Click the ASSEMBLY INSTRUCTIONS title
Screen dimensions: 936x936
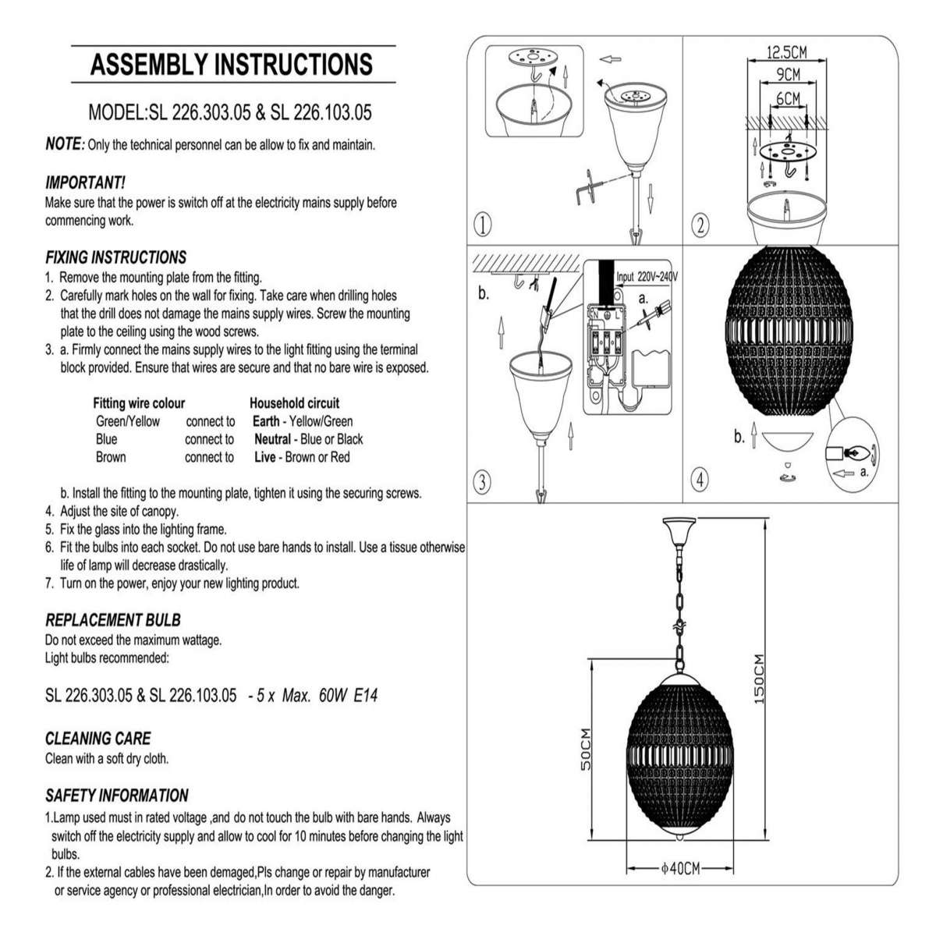[x=232, y=64]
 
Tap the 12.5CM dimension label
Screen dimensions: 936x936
[x=786, y=52]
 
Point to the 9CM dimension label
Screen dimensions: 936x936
[x=787, y=75]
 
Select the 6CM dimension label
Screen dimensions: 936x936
[x=787, y=98]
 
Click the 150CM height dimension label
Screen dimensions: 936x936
[x=759, y=679]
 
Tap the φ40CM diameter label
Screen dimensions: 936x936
[x=680, y=868]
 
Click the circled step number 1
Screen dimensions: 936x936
[x=482, y=225]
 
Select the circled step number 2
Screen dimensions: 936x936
[x=700, y=225]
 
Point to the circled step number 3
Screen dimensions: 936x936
[x=482, y=482]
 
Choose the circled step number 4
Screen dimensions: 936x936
[x=700, y=480]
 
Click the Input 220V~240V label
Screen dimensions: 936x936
[x=647, y=277]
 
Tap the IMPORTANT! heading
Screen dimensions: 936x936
[x=86, y=183]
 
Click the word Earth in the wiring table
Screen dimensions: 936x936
[x=266, y=421]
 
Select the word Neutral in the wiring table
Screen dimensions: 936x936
[x=272, y=439]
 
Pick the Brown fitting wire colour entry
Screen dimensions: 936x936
[x=111, y=457]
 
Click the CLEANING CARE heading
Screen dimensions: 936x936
[x=98, y=739]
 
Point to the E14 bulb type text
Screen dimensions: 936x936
[x=365, y=696]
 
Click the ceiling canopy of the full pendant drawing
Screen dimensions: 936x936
[x=679, y=530]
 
